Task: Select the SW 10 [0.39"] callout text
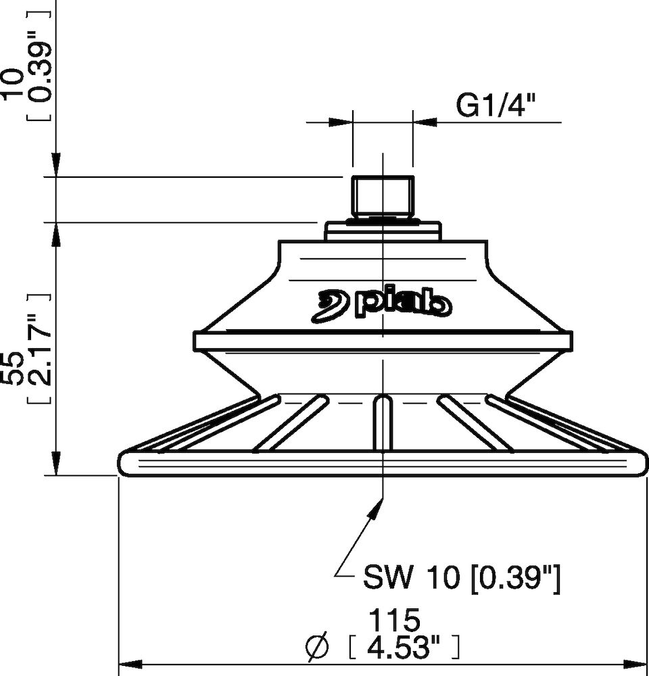(x=462, y=578)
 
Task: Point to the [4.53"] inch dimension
(x=403, y=647)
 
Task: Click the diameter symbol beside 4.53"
(x=317, y=647)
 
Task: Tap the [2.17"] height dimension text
(x=39, y=349)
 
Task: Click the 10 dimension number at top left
(x=12, y=84)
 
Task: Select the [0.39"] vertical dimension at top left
(x=39, y=60)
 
